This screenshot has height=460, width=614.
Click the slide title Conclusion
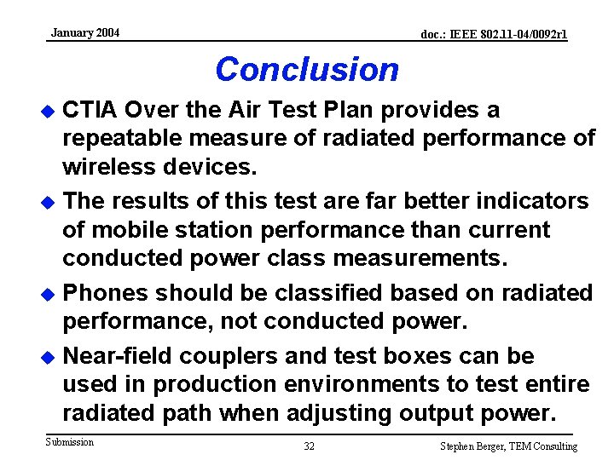pyautogui.click(x=307, y=69)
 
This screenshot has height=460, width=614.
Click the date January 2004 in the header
pyautogui.click(x=85, y=33)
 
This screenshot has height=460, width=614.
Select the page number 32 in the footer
pyautogui.click(x=309, y=446)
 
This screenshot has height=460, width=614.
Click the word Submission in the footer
pyautogui.click(x=70, y=441)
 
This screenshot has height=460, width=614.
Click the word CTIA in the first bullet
pyautogui.click(x=90, y=110)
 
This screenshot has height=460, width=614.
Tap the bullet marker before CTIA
pyautogui.click(x=49, y=112)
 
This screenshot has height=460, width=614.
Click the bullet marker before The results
pyautogui.click(x=49, y=203)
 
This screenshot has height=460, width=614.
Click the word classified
pyautogui.click(x=315, y=292)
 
